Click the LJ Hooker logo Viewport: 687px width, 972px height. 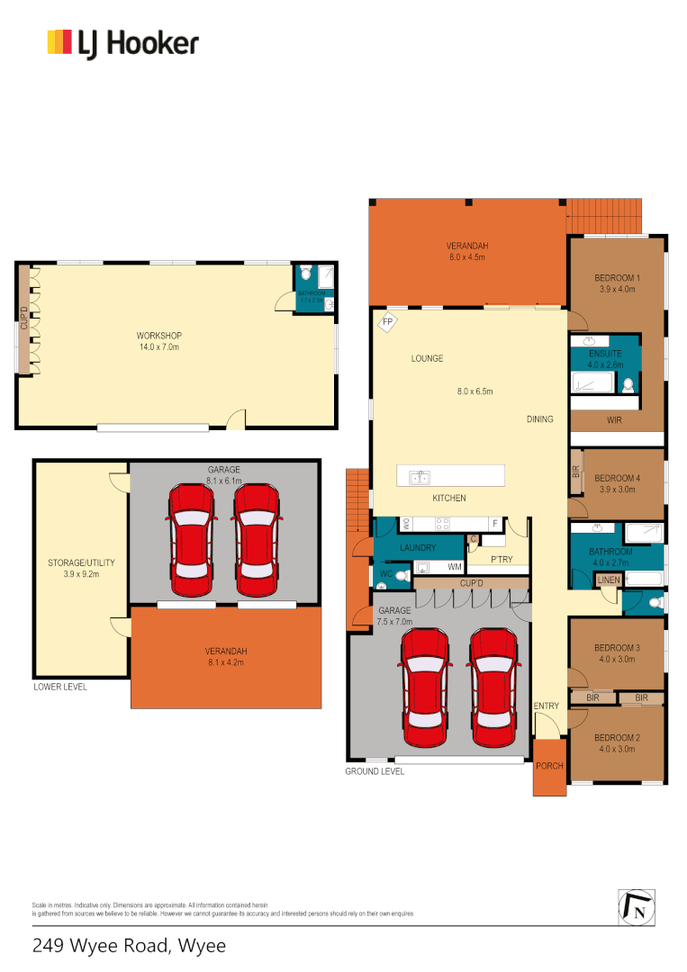(122, 43)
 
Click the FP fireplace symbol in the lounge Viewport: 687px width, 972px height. (388, 322)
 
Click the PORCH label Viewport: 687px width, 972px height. (549, 767)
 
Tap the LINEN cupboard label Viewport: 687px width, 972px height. (610, 580)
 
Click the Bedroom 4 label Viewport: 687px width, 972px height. (618, 478)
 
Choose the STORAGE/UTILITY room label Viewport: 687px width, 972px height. (81, 563)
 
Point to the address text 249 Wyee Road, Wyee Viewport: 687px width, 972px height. (129, 946)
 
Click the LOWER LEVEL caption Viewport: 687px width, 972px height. (60, 686)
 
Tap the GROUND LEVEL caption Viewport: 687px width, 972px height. (374, 772)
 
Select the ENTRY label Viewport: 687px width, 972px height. (547, 706)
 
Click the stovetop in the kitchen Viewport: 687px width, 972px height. (442, 523)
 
